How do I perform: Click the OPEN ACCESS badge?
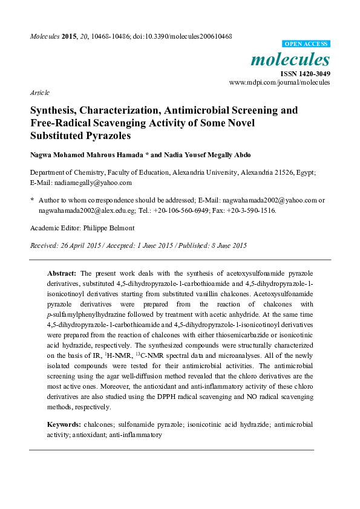[x=307, y=44]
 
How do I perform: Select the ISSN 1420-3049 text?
[x=305, y=74]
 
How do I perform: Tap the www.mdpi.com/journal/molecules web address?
[x=279, y=82]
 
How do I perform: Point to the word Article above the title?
[x=39, y=93]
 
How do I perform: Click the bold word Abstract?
[x=62, y=273]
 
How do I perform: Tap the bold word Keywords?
[x=64, y=425]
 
